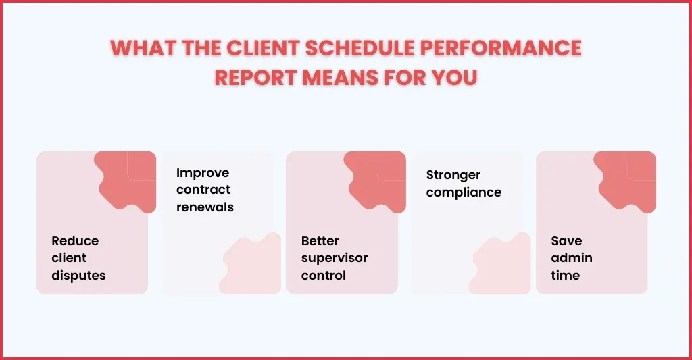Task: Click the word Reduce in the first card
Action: (75, 241)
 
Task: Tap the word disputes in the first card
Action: (78, 276)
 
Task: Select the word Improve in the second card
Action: (203, 173)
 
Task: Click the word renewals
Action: (205, 207)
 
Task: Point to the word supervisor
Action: (335, 258)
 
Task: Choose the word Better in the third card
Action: (320, 241)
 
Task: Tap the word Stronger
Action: (453, 175)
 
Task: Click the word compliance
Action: (464, 192)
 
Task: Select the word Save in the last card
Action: (566, 241)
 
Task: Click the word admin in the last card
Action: (572, 258)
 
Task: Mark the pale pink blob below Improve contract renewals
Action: (251, 266)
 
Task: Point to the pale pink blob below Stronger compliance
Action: (501, 266)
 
